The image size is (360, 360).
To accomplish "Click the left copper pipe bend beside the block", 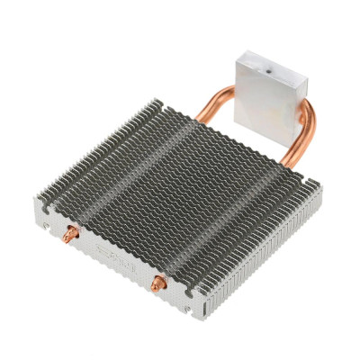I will (214, 99).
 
